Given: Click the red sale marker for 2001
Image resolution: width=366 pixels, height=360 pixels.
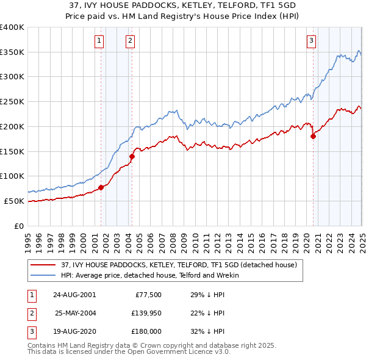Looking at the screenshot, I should [x=101, y=187].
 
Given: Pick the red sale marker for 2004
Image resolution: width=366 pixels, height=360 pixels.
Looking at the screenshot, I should [x=132, y=156].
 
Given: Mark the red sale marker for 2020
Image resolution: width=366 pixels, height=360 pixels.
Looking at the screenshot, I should [x=313, y=137].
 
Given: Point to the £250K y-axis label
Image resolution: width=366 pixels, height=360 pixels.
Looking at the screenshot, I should [x=12, y=102].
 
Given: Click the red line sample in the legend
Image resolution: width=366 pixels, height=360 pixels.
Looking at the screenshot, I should [x=44, y=265].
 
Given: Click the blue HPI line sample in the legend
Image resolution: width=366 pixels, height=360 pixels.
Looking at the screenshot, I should [x=44, y=275].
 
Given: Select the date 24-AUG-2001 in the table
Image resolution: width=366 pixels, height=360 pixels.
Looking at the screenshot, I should [x=74, y=294].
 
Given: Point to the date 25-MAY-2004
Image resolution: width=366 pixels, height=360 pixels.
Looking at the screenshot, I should [x=75, y=313].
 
